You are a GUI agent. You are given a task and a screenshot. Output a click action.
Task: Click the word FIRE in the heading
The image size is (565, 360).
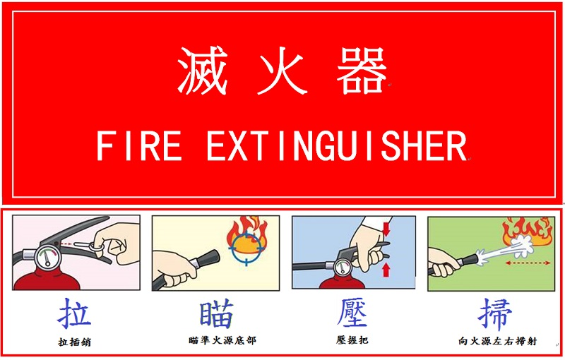pos(139,146)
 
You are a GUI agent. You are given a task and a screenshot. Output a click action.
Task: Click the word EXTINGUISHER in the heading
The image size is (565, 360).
pos(337,146)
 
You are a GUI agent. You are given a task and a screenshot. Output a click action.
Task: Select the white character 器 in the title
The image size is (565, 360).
pos(362,71)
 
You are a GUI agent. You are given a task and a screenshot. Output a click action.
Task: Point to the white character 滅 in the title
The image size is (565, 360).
pos(203,71)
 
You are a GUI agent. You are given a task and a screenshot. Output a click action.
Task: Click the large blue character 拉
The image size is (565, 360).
pos(74,313)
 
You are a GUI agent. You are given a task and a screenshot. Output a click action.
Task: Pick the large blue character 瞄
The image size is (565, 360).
pos(217,313)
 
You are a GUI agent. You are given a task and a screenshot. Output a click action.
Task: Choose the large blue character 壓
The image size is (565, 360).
pos(352,313)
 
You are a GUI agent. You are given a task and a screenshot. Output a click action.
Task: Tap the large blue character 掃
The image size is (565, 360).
pos(495,314)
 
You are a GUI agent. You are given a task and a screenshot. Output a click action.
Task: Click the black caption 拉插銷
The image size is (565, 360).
pos(75,342)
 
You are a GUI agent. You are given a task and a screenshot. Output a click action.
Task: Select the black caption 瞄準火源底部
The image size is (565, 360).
pos(222,340)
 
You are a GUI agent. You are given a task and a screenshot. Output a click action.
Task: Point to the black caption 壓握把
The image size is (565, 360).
pos(352,340)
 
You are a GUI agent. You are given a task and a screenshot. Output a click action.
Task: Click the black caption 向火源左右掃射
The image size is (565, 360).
pos(498,340)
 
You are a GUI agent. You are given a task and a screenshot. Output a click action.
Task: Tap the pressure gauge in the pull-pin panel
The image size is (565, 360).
pos(47,257)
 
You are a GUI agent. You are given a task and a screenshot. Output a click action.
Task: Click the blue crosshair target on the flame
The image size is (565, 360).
pos(246,248)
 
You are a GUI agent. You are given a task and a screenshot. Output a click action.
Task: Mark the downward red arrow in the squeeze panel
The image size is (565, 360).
pos(386,229)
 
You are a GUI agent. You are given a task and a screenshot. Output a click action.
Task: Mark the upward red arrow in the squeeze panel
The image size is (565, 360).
pos(386,270)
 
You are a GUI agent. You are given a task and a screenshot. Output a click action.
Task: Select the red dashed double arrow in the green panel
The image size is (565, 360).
pos(528,263)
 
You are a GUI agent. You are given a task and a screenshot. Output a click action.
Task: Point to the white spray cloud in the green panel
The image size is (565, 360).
pos(511,249)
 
